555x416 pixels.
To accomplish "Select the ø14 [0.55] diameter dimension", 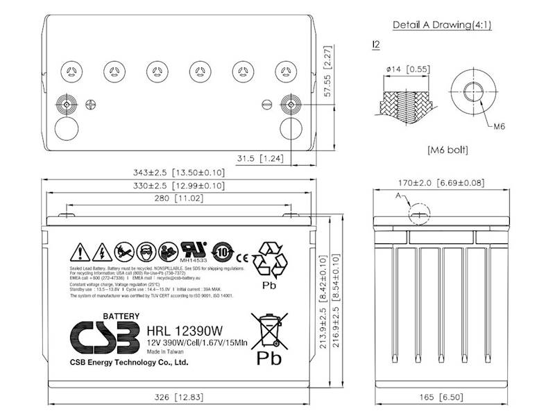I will [x=408, y=69].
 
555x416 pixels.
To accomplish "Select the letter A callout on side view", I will [x=399, y=196].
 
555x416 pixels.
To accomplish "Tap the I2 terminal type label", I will [x=376, y=45].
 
